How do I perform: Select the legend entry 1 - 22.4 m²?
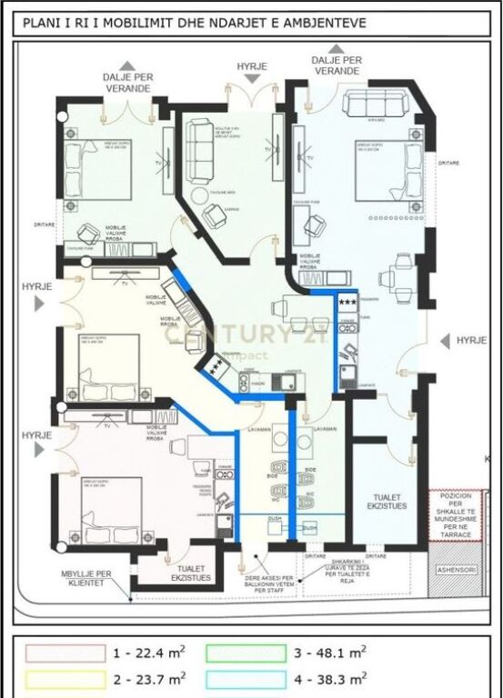click(150, 652)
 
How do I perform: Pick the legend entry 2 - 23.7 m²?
click(150, 677)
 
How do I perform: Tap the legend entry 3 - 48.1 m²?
click(331, 652)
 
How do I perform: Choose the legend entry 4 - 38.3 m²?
click(331, 677)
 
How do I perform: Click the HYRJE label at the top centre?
click(251, 67)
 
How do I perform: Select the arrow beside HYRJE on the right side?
click(443, 340)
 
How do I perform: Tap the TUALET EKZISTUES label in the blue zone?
click(387, 504)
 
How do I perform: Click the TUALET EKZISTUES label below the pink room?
click(190, 573)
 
